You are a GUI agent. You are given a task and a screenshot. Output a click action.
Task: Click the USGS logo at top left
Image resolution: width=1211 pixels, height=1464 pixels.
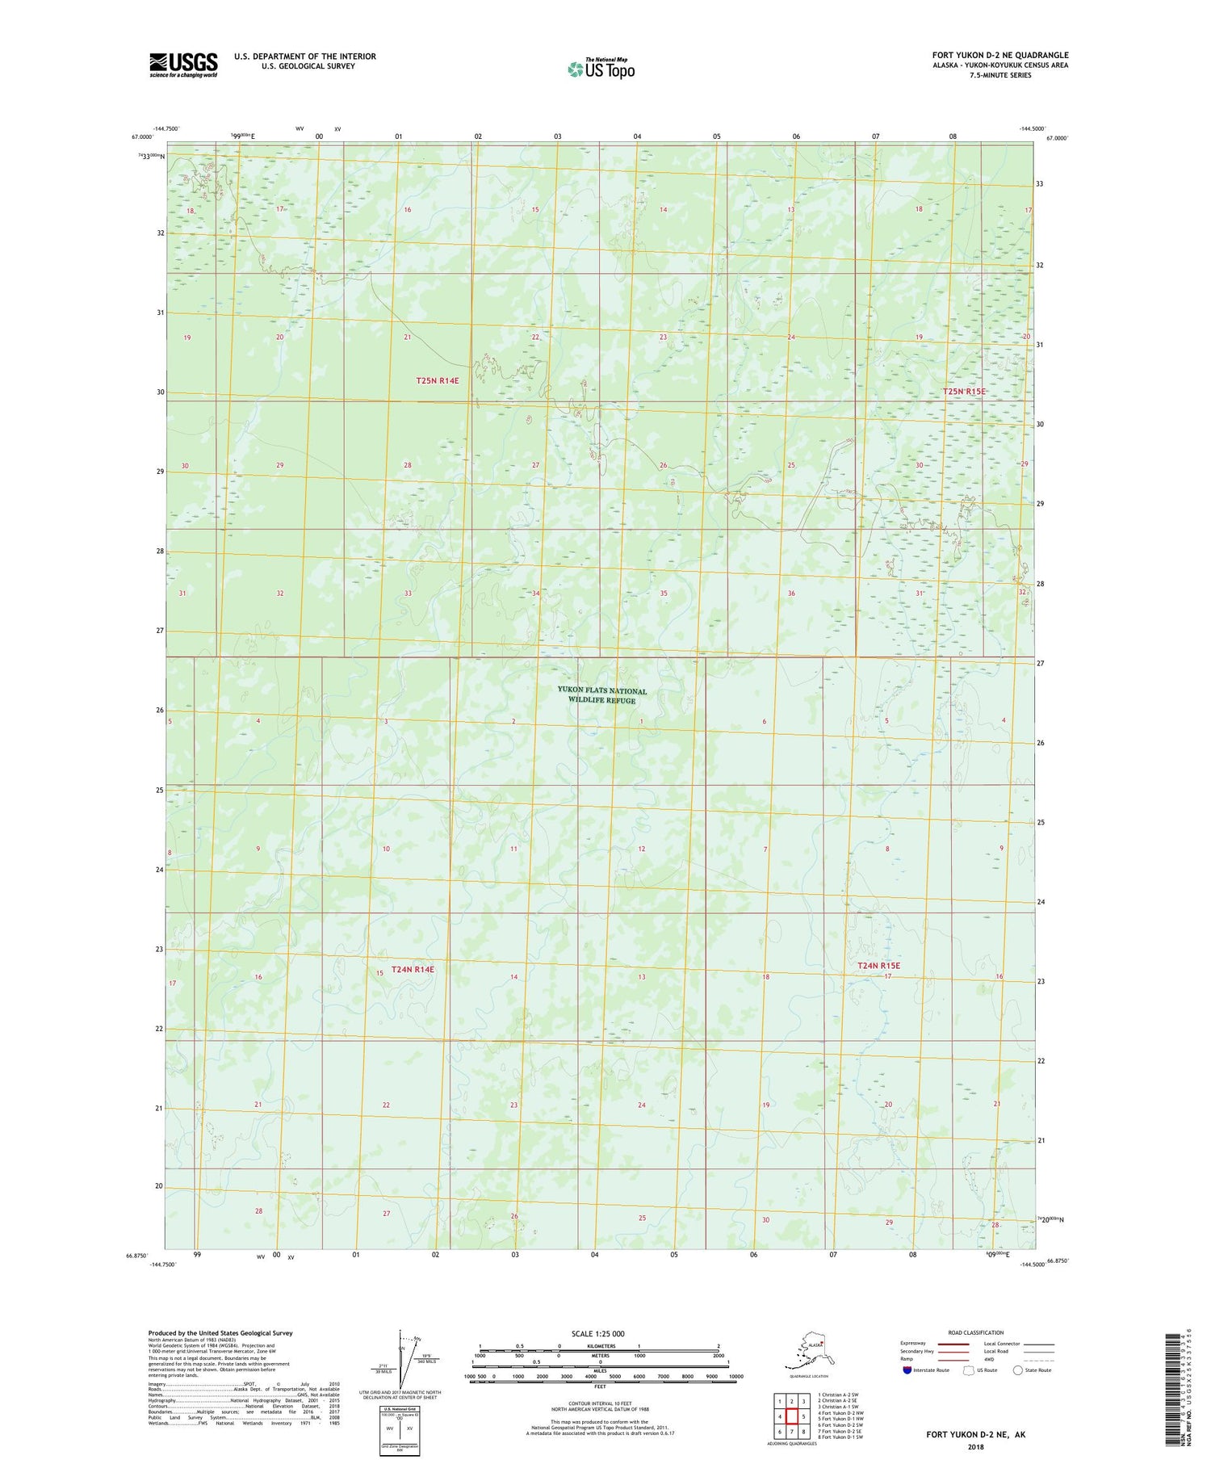click(x=183, y=65)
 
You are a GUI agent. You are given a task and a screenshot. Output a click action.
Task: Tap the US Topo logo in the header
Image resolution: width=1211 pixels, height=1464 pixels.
click(x=601, y=69)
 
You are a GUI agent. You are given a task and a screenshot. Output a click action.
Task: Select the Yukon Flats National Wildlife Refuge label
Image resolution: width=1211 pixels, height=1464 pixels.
click(x=601, y=695)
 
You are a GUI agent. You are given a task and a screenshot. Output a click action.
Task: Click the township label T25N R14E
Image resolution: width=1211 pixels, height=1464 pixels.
click(x=438, y=380)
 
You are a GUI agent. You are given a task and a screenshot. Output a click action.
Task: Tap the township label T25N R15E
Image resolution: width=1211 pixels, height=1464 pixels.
click(x=964, y=391)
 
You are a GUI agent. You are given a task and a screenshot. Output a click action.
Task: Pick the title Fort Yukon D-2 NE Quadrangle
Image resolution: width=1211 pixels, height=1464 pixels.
click(x=999, y=55)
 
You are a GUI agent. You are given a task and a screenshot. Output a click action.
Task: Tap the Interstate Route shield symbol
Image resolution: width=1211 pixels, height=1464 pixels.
click(x=907, y=1370)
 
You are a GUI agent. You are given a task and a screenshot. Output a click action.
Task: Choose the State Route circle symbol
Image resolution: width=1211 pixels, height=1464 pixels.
click(x=1018, y=1370)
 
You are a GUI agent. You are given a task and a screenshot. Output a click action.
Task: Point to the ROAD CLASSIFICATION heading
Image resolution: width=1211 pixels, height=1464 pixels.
click(x=975, y=1332)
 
